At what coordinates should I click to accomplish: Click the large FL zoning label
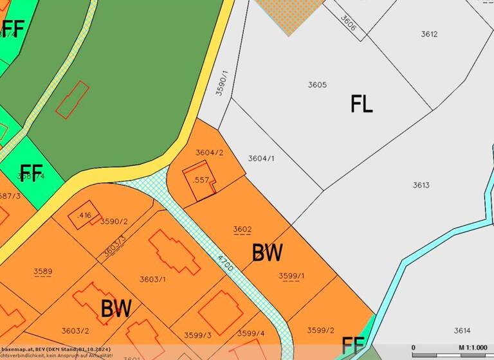(361, 104)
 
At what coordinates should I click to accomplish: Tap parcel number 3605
(317, 85)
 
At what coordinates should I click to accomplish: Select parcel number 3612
(429, 34)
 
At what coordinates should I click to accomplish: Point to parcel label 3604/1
(261, 158)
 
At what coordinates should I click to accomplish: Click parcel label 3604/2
(209, 152)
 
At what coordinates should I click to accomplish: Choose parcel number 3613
(421, 185)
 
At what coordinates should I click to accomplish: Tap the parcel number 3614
(462, 330)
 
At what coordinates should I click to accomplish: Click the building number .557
(201, 180)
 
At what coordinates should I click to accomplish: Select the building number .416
(84, 215)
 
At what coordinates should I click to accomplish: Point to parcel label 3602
(242, 229)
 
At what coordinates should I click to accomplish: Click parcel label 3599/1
(291, 276)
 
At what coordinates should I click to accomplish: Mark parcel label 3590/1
(221, 84)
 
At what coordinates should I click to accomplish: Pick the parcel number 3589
(42, 271)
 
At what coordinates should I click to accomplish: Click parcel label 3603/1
(152, 279)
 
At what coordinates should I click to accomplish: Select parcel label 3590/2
(114, 221)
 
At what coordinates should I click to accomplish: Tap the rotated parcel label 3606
(348, 24)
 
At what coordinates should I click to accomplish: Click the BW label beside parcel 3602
(267, 253)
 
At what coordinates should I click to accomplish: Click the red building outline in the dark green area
(71, 100)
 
